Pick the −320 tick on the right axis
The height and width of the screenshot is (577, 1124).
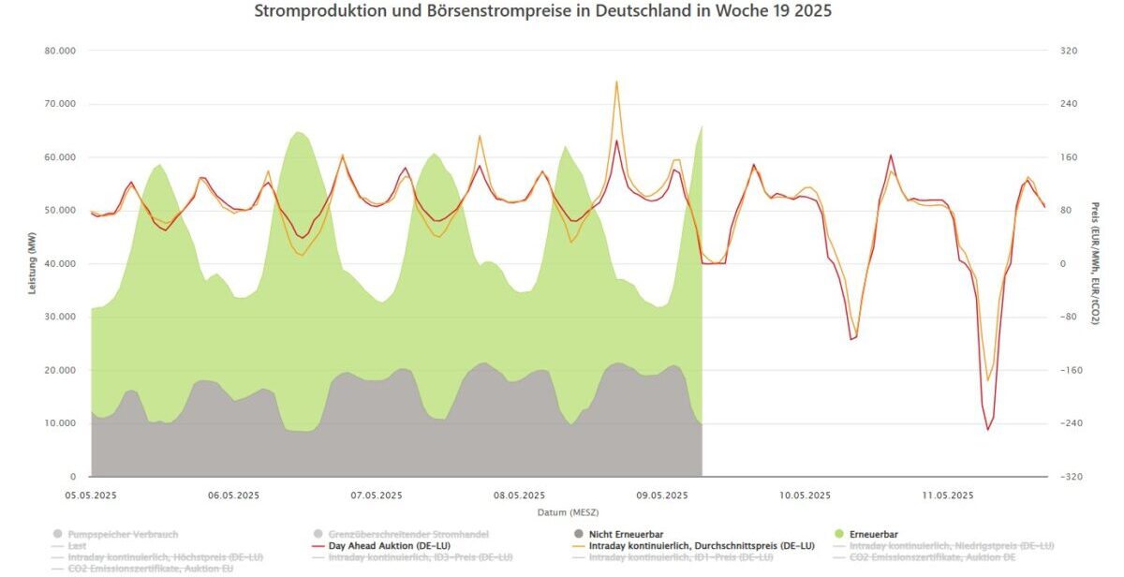1069,477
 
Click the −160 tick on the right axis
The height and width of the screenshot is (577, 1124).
1069,370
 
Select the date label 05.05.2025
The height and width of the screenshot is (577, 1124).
91,496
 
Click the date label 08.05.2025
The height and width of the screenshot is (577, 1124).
520,496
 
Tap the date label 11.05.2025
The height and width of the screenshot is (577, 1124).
948,496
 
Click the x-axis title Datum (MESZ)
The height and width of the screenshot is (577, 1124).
568,512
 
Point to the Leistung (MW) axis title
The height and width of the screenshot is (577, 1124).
31,264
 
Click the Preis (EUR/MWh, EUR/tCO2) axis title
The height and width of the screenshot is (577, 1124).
1095,264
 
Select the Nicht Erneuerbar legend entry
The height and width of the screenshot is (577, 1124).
621,534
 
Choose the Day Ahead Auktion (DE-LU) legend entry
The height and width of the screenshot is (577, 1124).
386,546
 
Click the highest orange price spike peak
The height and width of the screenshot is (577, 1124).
616,81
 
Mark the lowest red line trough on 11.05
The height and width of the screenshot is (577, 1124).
987,429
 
